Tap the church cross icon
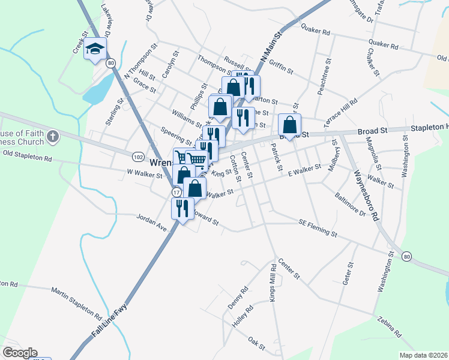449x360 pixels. pos(52,137)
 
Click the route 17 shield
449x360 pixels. pos(176,192)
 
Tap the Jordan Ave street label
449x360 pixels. pos(151,223)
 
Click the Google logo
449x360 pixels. pos(19,353)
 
